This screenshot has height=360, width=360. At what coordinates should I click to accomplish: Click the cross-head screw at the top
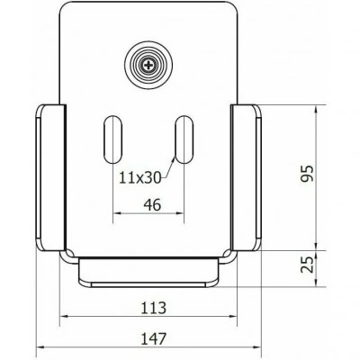pyautogui.click(x=148, y=65)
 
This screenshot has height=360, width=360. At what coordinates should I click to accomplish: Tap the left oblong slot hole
pyautogui.click(x=113, y=139)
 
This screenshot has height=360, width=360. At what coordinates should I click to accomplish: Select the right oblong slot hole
pyautogui.click(x=184, y=139)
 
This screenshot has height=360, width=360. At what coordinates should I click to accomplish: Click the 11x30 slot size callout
pyautogui.click(x=140, y=177)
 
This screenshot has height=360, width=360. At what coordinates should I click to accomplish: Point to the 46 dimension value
pyautogui.click(x=152, y=205)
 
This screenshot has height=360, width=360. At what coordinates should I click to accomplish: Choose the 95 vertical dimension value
pyautogui.click(x=308, y=174)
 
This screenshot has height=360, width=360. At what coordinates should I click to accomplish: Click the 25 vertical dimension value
pyautogui.click(x=308, y=265)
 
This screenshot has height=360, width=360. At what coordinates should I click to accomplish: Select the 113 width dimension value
pyautogui.click(x=153, y=308)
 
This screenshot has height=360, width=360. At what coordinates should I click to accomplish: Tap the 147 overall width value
pyautogui.click(x=153, y=338)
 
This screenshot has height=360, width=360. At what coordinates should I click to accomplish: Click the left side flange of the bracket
pyautogui.click(x=50, y=177)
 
